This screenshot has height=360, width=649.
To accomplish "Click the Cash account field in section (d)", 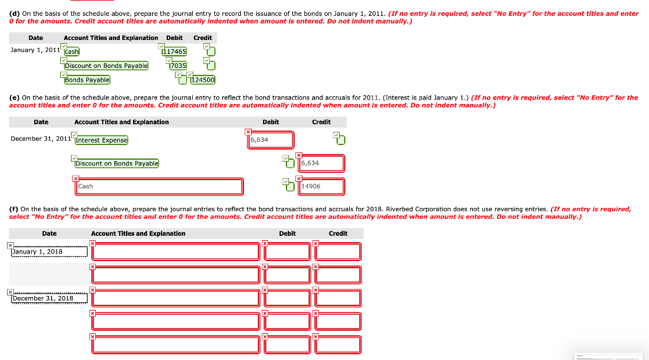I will tap(72, 51).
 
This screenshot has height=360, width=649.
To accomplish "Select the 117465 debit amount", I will tap(175, 51).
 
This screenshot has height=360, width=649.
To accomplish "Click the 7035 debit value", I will tap(178, 65).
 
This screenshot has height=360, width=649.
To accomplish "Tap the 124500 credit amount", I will tap(203, 80).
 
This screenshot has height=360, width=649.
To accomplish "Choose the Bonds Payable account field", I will tap(87, 80).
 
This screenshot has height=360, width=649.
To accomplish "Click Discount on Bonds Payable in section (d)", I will tap(106, 65).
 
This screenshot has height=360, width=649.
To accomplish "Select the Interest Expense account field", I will tap(101, 140).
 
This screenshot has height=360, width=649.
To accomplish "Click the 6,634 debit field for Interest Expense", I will tap(271, 140).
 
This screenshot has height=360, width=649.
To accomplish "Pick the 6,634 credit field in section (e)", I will tap(321, 164).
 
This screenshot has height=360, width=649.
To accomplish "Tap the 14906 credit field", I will tap(321, 186).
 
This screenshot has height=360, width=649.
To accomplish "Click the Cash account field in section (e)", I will tap(158, 186).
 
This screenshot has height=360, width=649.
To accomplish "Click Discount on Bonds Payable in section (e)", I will tap(117, 164).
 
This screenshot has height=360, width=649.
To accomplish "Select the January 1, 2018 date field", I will tap(48, 252).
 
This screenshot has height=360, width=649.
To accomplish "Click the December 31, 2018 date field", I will tap(48, 298).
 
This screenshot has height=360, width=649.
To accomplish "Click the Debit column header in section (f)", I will tap(287, 233).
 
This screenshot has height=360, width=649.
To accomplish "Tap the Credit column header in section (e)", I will tap(321, 122).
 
